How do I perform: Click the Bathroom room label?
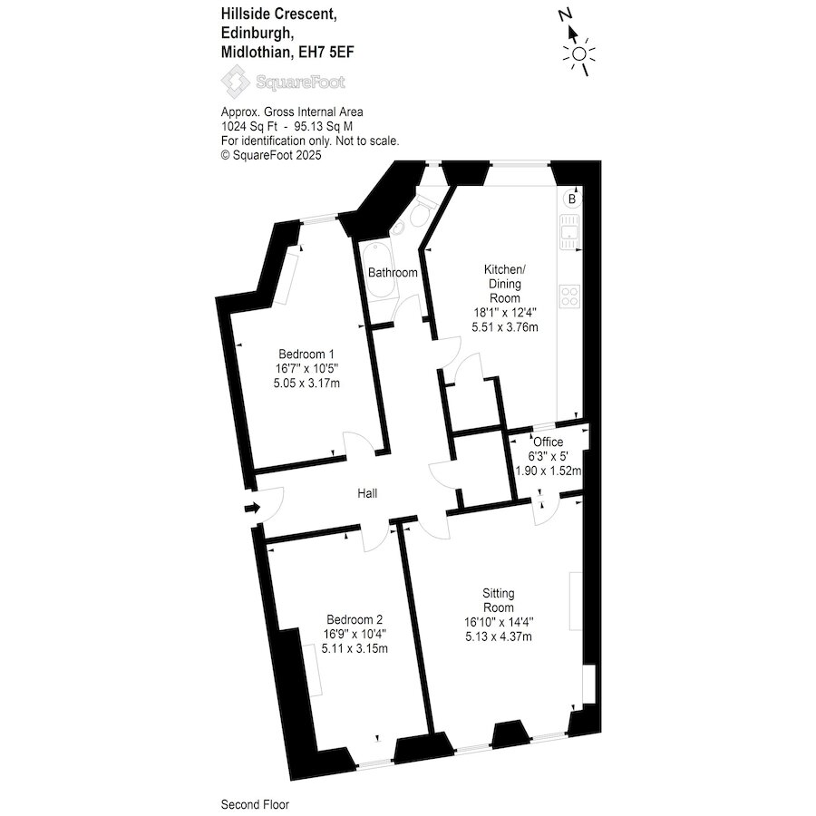(393, 272)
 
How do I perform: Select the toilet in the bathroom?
(422, 210)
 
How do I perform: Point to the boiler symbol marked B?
(572, 199)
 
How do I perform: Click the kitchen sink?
(570, 233)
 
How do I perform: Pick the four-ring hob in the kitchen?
(570, 296)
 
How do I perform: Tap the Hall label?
(367, 493)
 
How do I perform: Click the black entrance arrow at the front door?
(252, 508)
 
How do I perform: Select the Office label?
(548, 442)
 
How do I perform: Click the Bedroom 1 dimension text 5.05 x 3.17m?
(306, 384)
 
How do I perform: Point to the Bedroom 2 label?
(355, 620)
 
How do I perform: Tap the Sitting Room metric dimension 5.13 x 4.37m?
(499, 636)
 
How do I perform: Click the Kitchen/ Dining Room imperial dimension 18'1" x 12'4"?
(505, 313)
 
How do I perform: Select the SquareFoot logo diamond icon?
(236, 82)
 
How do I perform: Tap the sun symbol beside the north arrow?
(578, 54)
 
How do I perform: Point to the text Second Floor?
(255, 804)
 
